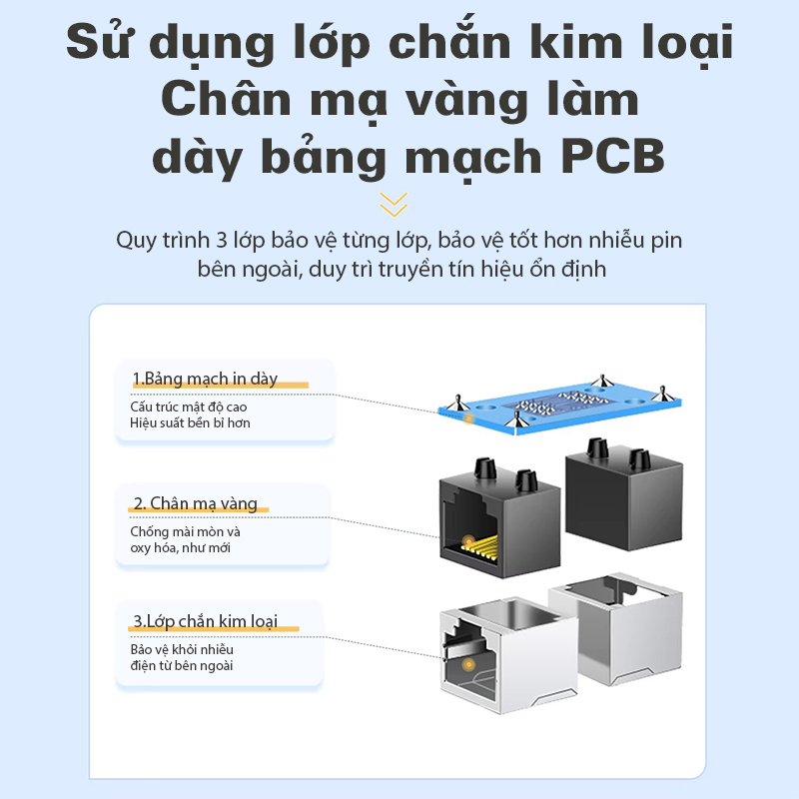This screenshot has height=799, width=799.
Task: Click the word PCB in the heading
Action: (x=613, y=156)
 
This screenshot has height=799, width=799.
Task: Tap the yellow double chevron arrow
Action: (x=394, y=205)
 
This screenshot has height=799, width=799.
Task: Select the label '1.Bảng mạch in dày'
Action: (x=205, y=379)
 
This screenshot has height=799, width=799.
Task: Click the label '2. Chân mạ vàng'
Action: (x=195, y=503)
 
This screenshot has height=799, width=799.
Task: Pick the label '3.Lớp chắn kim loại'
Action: (x=205, y=621)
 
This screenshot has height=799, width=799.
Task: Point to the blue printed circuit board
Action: (x=559, y=404)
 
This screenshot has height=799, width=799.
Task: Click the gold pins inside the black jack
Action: (x=479, y=546)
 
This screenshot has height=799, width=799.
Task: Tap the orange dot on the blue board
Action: (x=468, y=418)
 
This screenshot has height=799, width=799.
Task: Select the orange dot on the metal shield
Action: (x=468, y=664)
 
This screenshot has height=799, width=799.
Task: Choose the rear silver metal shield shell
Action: (x=616, y=628)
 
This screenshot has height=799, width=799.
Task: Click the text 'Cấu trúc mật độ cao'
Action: (x=189, y=407)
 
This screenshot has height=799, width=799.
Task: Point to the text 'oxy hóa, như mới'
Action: (x=181, y=548)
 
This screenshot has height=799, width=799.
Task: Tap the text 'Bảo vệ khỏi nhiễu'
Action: (x=182, y=650)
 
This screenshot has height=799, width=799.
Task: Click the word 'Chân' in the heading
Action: (x=227, y=100)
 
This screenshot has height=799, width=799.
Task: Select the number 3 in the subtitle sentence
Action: (x=222, y=241)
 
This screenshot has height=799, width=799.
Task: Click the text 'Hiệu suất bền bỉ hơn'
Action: (x=190, y=422)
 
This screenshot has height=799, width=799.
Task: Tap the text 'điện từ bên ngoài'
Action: (x=182, y=665)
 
